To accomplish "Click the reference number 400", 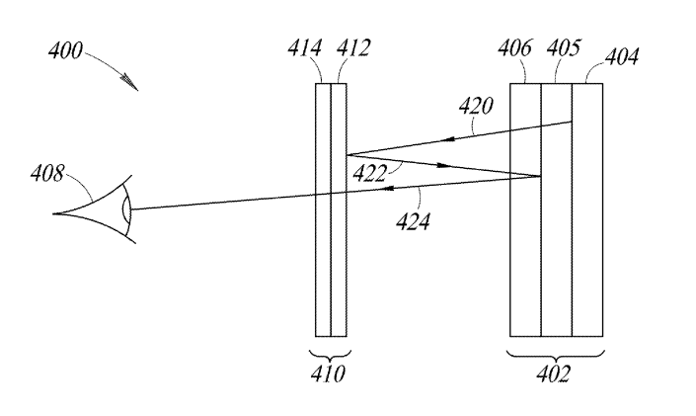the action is (x=65, y=50).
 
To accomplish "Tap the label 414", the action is (x=304, y=47).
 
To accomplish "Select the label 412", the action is (x=352, y=47).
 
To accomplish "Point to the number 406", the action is (x=514, y=47).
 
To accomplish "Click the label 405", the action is (x=563, y=47).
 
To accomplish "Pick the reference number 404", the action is (x=622, y=57).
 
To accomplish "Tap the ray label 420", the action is (x=476, y=106).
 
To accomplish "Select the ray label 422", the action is (x=370, y=173).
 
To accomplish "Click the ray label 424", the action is (x=413, y=221).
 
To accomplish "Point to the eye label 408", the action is (x=47, y=173).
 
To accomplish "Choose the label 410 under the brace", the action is (x=328, y=374).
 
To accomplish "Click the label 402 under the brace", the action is (x=553, y=374).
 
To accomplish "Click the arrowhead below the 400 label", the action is (x=130, y=82).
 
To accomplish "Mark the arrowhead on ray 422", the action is (x=443, y=165).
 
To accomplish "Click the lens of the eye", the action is (x=127, y=208).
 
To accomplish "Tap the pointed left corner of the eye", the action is (x=53, y=213).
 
